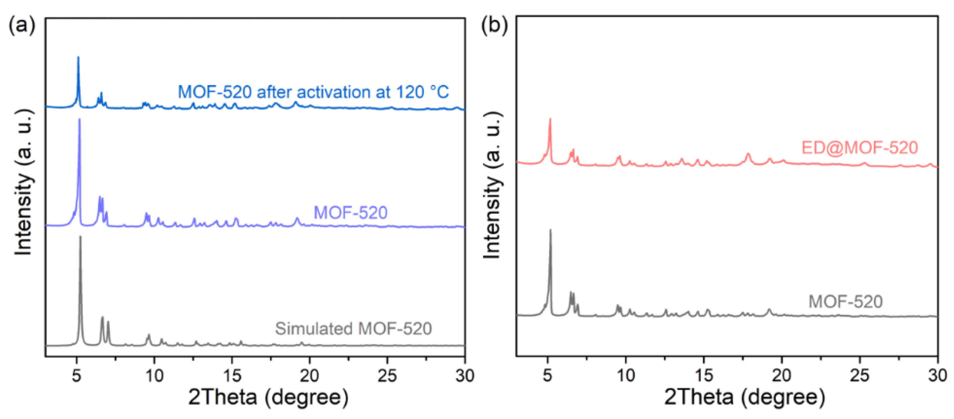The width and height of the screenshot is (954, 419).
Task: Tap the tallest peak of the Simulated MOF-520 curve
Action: coord(80,237)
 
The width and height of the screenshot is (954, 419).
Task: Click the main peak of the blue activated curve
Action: coord(78,58)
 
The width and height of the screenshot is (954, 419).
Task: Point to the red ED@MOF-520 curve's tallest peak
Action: coord(550,120)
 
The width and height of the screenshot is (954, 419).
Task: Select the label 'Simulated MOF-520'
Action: coord(353,329)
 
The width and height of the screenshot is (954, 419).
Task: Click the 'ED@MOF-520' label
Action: coord(860,148)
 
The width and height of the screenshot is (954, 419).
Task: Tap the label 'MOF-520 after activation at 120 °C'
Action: coord(313,92)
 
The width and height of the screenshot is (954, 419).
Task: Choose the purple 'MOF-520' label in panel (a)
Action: coord(350,213)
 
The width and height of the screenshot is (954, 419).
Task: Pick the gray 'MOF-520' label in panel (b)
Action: coord(846,301)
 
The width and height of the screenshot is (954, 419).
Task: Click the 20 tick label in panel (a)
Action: coord(309,376)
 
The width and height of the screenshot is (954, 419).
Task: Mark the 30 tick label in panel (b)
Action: coord(937,376)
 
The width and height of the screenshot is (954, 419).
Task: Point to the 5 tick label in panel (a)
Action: coord(76,376)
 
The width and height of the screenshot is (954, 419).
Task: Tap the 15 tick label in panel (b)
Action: coord(704,376)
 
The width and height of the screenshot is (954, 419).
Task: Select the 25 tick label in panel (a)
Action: coord(387,376)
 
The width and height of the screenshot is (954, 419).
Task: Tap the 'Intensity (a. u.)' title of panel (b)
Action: coord(493,185)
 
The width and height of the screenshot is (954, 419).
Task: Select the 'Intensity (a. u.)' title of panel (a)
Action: coord(23,181)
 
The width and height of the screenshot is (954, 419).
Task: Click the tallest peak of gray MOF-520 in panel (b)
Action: coord(550,231)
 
